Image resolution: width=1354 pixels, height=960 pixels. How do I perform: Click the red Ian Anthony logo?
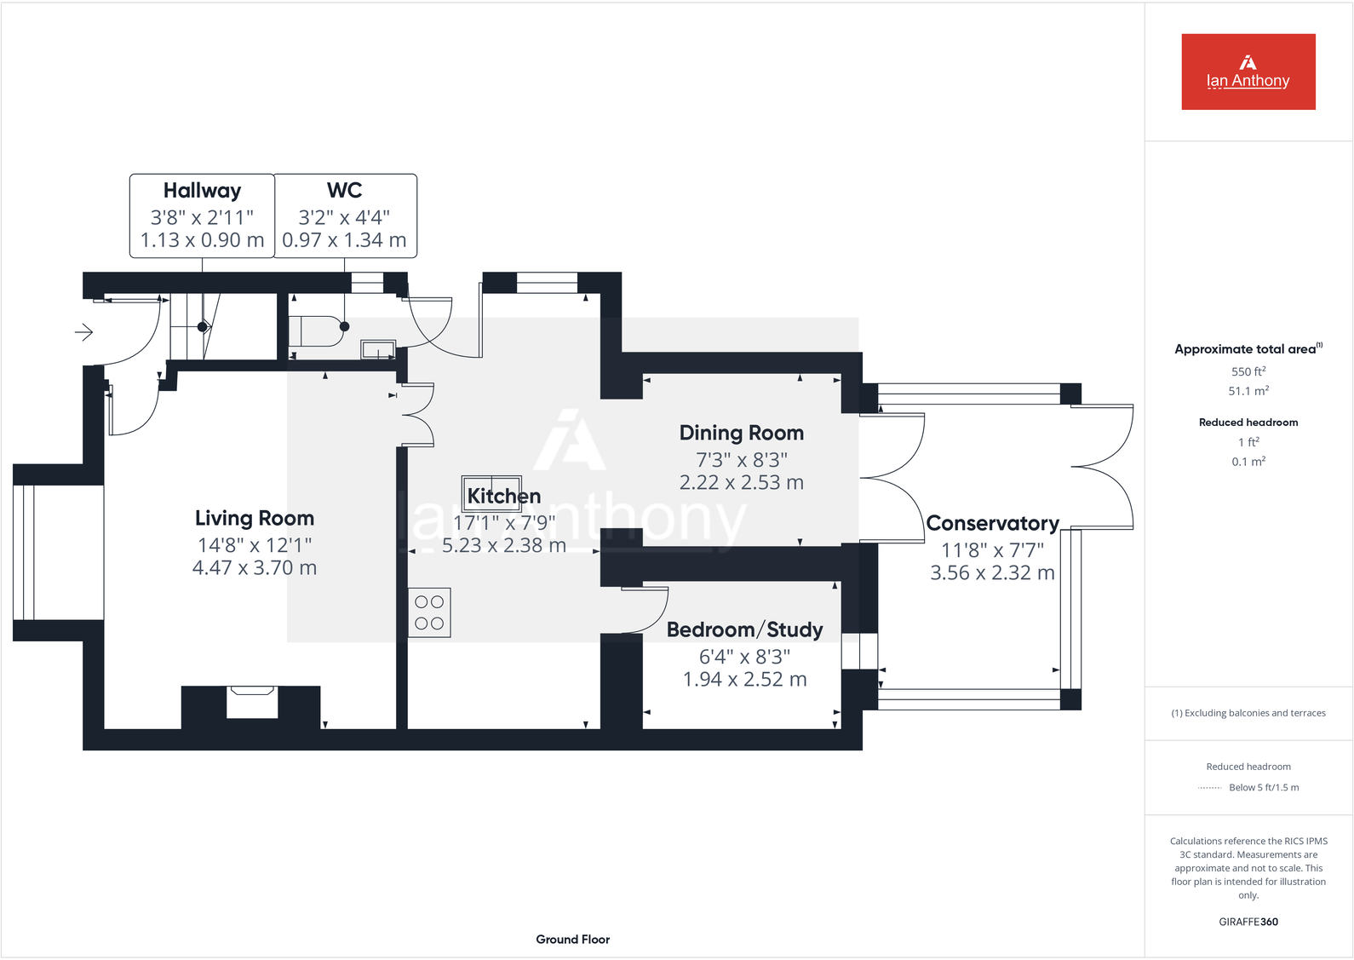(1248, 72)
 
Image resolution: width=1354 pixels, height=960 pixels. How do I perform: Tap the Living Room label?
(255, 518)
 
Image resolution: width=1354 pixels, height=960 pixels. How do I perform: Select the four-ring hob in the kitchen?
(429, 612)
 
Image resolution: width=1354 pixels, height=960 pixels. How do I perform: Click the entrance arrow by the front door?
(83, 331)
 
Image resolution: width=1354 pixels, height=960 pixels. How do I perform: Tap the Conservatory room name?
(992, 523)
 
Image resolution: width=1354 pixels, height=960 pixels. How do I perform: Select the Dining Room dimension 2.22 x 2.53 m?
(741, 482)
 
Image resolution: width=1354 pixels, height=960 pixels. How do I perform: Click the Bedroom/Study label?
(744, 629)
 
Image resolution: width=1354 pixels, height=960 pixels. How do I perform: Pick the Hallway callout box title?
(202, 190)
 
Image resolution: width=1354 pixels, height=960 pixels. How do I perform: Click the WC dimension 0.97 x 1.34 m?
(344, 240)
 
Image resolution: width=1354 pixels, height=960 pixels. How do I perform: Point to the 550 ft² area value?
(1248, 371)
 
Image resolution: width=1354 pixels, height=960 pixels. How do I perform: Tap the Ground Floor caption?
(572, 939)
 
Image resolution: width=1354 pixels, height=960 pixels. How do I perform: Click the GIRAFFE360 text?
(1248, 922)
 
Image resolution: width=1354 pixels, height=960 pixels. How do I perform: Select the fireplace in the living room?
(252, 703)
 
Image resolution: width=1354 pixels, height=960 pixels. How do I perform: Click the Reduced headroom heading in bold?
(1248, 423)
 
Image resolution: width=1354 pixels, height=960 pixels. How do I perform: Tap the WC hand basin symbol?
(378, 349)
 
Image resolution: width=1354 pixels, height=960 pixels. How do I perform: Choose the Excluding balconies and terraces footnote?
(1248, 713)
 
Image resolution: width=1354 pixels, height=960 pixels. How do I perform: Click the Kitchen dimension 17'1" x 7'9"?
(504, 522)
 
